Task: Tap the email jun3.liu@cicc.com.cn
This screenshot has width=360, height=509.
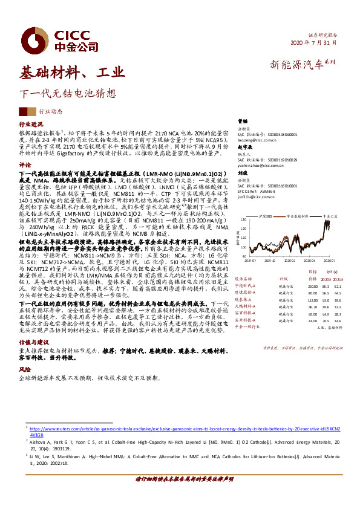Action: [256, 196]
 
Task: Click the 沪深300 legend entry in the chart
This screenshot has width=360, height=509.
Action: [263, 215]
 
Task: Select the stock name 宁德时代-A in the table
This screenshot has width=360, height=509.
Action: [246, 285]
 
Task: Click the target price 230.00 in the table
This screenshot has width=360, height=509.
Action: [312, 285]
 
